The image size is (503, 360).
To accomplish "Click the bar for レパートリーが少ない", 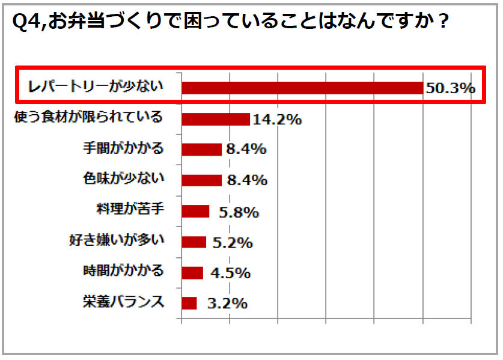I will pyautogui.click(x=302, y=88).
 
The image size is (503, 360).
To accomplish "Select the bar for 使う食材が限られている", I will pyautogui.click(x=215, y=119).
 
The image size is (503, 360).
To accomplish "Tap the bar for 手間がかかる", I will pyautogui.click(x=201, y=150).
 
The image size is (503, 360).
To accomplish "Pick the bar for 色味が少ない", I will pyautogui.click(x=201, y=180).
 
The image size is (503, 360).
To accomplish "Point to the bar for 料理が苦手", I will pyautogui.click(x=195, y=212).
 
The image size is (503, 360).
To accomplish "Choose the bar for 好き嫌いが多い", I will pyautogui.click(x=194, y=242).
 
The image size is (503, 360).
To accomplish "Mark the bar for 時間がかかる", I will pyautogui.click(x=192, y=273).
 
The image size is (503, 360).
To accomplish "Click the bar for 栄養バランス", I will pyautogui.click(x=189, y=304).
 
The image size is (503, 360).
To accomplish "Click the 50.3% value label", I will pyautogui.click(x=451, y=88).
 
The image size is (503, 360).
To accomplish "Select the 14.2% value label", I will pyautogui.click(x=277, y=120).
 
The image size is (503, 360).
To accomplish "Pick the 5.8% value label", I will pyautogui.click(x=238, y=212).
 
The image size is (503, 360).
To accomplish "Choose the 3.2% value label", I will pyautogui.click(x=227, y=304).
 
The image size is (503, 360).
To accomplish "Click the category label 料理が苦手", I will pyautogui.click(x=130, y=210).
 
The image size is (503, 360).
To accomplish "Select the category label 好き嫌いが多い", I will pyautogui.click(x=117, y=241).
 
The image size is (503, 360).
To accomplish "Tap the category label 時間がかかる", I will pyautogui.click(x=123, y=271).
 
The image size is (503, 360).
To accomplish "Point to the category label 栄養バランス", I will pyautogui.click(x=123, y=302).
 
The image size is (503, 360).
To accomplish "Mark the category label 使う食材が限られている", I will pyautogui.click(x=88, y=117).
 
